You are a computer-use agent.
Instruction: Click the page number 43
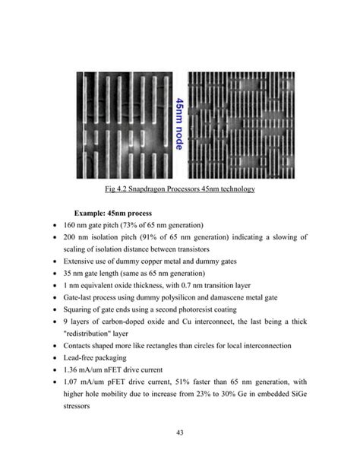180,433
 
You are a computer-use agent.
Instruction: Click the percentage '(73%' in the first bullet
137,224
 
